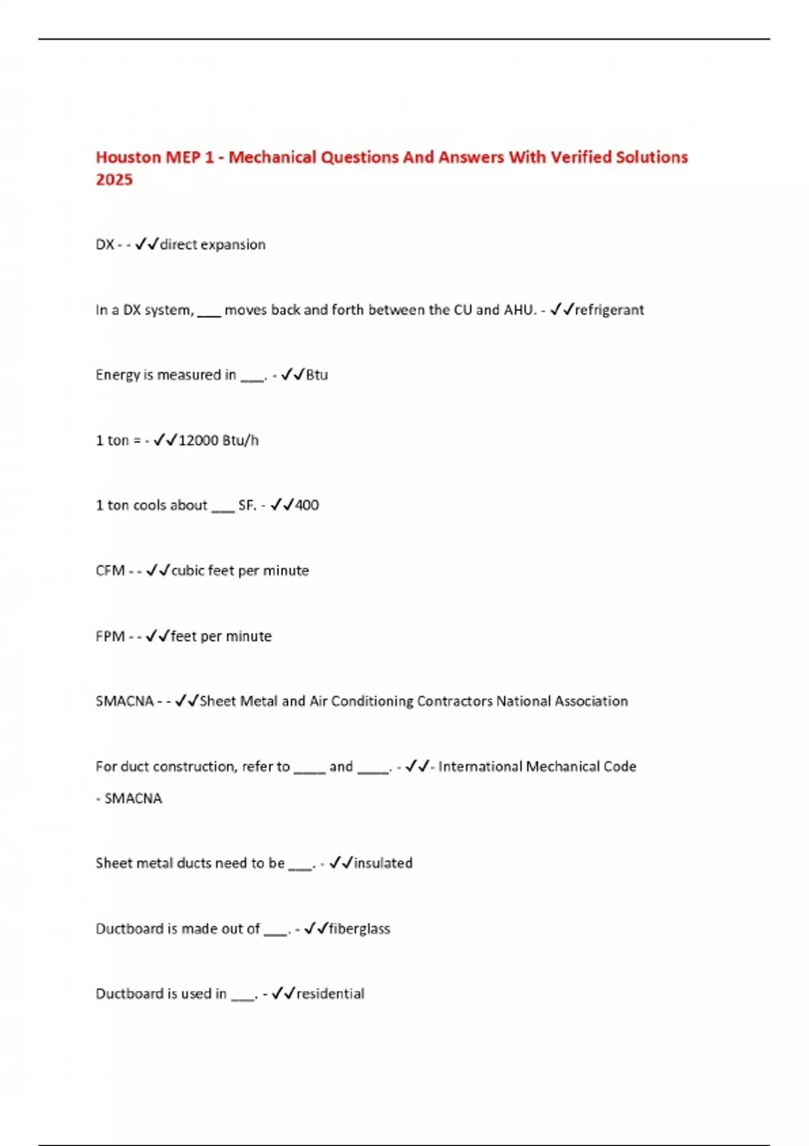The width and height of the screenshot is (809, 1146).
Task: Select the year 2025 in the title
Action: [114, 179]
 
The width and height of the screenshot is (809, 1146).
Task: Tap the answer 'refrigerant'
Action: [609, 309]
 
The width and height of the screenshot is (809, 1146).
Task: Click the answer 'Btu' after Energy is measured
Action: [317, 375]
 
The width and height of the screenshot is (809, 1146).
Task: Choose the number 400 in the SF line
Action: [307, 505]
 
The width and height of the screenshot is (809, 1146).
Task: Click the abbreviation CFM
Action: [110, 571]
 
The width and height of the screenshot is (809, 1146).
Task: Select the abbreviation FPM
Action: [110, 636]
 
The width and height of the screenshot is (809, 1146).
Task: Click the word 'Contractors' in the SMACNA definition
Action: [455, 701]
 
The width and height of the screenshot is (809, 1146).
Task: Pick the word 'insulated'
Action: [383, 863]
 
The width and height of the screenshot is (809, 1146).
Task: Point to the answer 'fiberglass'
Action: [359, 928]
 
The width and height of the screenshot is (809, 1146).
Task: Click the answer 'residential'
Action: [330, 994]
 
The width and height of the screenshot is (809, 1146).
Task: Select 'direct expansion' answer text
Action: [212, 245]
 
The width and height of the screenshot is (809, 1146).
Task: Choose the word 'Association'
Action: [591, 701]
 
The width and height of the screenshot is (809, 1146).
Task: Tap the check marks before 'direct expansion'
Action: [146, 244]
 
